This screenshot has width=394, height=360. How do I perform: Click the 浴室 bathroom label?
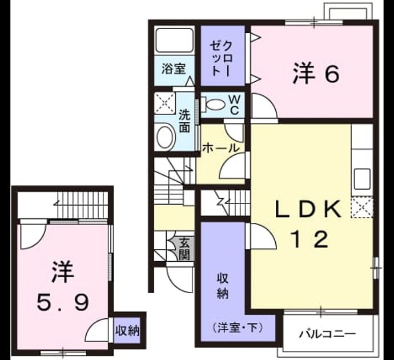(174, 69)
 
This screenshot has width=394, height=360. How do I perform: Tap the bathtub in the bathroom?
(175, 40)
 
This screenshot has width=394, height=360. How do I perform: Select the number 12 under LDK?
(309, 239)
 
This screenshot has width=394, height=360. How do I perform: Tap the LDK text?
(308, 209)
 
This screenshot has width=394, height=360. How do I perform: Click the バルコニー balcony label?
(327, 334)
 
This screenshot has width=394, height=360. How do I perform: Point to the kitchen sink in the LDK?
(362, 179)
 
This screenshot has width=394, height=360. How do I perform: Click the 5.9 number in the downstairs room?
(62, 302)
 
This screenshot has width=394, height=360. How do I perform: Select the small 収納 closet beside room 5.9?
(127, 330)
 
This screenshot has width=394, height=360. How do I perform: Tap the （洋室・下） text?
(238, 328)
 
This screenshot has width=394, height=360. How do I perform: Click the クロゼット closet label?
(222, 59)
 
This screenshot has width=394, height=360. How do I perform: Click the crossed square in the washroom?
(164, 103)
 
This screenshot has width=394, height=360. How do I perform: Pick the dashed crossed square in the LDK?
(362, 207)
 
